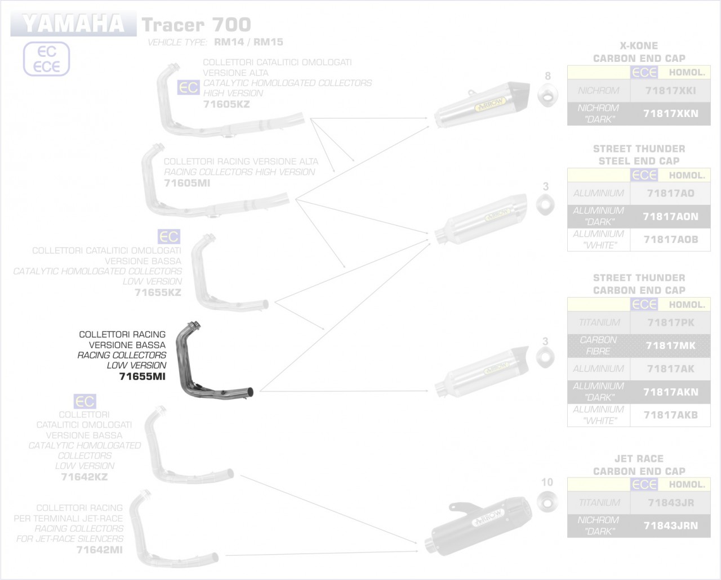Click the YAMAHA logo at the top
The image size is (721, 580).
click(73, 24)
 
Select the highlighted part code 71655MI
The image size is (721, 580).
click(143, 376)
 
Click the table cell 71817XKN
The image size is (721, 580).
click(670, 114)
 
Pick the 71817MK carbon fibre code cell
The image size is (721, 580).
click(670, 345)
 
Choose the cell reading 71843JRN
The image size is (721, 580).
click(670, 525)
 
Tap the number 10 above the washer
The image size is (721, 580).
click(547, 482)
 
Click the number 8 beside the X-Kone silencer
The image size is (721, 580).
click(548, 76)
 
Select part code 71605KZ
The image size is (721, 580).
click(226, 104)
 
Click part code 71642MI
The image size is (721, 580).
click(99, 550)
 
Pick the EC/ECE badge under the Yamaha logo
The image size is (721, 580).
click(46, 59)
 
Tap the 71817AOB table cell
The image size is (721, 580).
click(670, 240)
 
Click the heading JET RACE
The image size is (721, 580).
click(639, 458)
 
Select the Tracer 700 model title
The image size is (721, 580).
click(196, 25)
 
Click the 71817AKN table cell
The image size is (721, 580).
click(670, 392)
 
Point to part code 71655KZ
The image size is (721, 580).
click(158, 293)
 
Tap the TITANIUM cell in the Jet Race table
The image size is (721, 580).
click(599, 503)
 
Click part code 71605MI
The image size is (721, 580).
click(187, 183)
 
